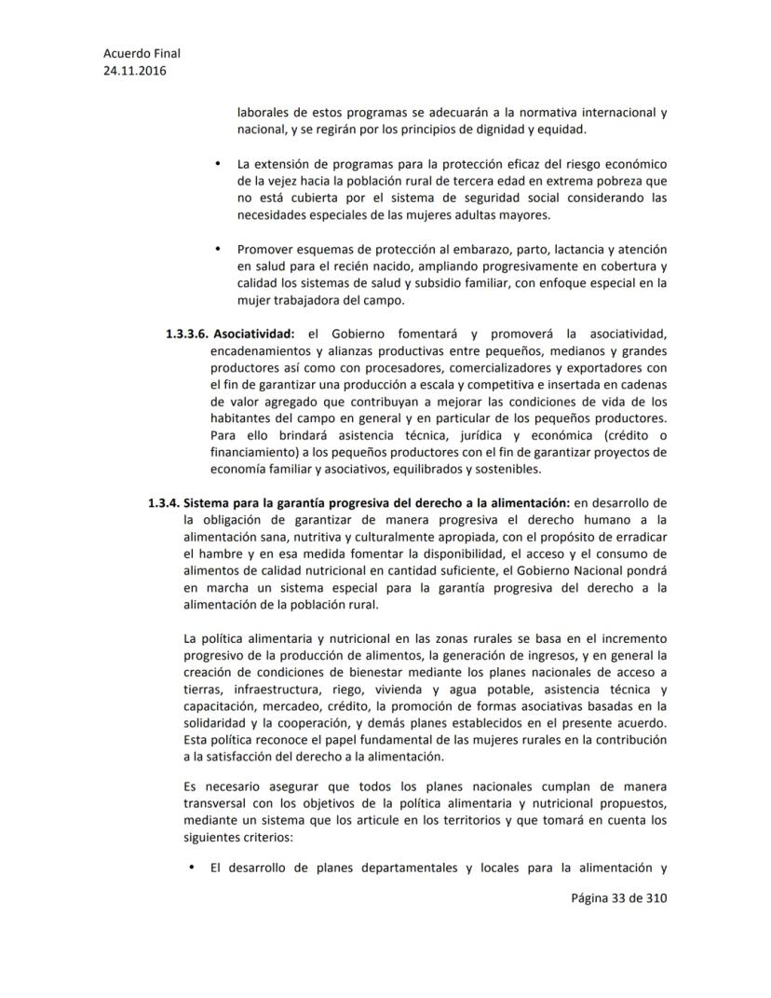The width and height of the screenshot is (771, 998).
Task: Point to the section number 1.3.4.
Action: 164,503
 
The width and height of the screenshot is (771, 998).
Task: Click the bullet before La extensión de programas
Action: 217,165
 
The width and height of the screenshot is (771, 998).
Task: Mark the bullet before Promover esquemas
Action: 217,249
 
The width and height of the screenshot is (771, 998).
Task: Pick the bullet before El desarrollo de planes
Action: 191,868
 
